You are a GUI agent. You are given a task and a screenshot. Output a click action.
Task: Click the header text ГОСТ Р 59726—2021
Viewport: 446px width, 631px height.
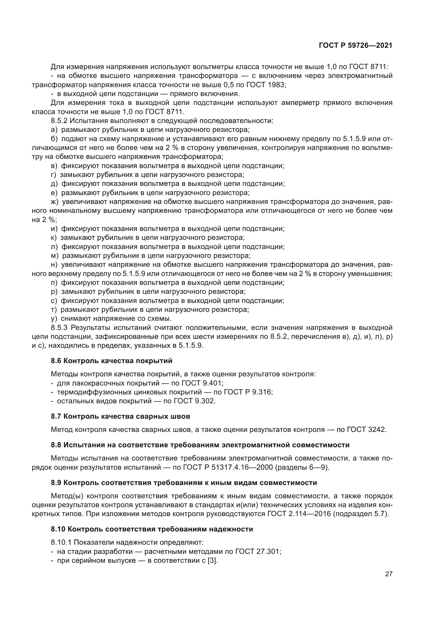pyautogui.click(x=355, y=46)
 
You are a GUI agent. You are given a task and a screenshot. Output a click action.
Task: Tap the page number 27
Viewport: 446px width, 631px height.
pyautogui.click(x=389, y=574)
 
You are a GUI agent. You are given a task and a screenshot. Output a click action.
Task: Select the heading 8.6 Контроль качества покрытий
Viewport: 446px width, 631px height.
pyautogui.click(x=112, y=361)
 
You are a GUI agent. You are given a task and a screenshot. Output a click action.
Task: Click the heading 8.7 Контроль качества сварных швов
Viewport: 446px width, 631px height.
pyautogui.click(x=120, y=416)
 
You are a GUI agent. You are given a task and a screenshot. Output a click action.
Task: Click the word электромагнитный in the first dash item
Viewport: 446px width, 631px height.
pyautogui.click(x=360, y=76)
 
